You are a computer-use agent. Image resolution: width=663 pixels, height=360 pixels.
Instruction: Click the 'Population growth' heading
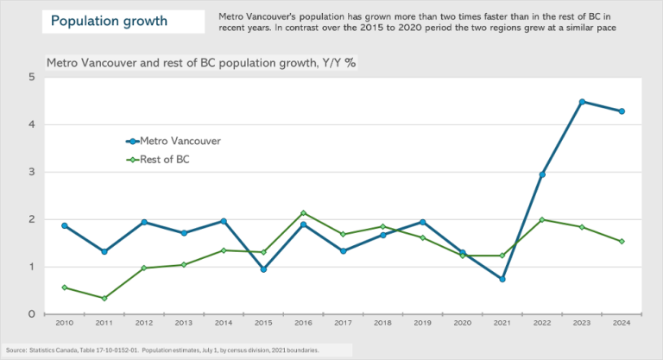coord(108,22)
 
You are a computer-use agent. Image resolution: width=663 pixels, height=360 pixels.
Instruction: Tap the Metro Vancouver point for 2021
coord(502,279)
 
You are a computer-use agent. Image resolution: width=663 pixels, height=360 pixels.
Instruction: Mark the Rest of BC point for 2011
coord(104,299)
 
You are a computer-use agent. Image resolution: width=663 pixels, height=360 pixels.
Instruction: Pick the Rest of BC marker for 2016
coord(303,213)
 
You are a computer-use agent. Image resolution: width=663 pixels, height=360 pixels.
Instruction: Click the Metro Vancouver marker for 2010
coord(64,225)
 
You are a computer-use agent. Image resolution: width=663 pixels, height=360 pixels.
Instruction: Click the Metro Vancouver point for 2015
coord(263,269)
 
